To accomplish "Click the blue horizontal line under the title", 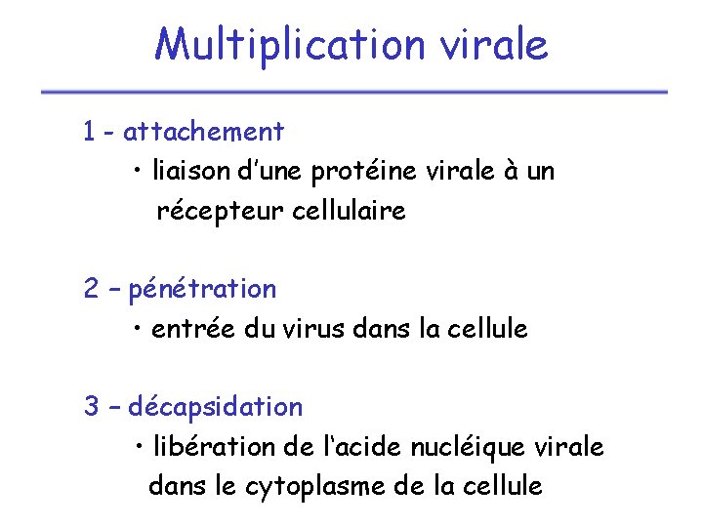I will tap(353, 93).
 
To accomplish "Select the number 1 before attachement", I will tap(90, 131).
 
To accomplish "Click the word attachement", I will tap(204, 131).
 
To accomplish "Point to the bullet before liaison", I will tap(141, 173).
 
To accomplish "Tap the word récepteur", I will tap(220, 212).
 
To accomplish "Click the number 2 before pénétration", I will tap(91, 289).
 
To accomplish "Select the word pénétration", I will tap(202, 290).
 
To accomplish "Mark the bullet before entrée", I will tap(141, 330).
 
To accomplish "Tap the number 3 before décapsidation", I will tap(91, 406).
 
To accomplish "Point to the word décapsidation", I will tap(216, 407).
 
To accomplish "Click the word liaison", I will tap(190, 172).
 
